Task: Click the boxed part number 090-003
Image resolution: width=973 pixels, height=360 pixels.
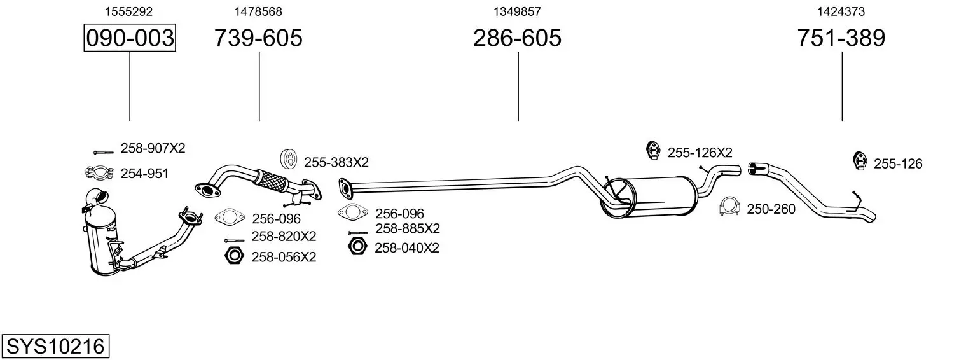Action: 130,38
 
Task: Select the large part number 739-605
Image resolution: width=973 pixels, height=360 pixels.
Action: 258,38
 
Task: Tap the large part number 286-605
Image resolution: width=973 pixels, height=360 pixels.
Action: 517,38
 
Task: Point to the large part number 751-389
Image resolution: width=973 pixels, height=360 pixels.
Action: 841,38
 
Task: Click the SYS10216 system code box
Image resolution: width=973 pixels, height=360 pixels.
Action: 55,347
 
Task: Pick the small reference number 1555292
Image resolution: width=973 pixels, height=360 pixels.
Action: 128,11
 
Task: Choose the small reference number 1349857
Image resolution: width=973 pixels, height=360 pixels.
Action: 517,11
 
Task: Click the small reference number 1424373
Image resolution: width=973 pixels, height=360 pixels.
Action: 841,11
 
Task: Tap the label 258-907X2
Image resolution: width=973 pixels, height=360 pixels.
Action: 153,148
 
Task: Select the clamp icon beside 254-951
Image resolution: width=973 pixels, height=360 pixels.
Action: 98,172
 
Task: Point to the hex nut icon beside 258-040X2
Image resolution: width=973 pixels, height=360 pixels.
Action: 357,247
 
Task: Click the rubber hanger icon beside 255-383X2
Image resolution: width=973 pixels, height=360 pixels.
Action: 289,159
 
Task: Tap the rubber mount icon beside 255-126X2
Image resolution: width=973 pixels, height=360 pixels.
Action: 652,149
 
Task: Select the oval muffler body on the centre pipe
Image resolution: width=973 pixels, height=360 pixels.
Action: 661,197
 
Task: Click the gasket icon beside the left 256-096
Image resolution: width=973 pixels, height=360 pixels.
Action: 229,218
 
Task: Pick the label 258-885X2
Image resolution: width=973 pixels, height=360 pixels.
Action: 408,228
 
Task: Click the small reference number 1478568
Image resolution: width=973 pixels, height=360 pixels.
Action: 258,11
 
